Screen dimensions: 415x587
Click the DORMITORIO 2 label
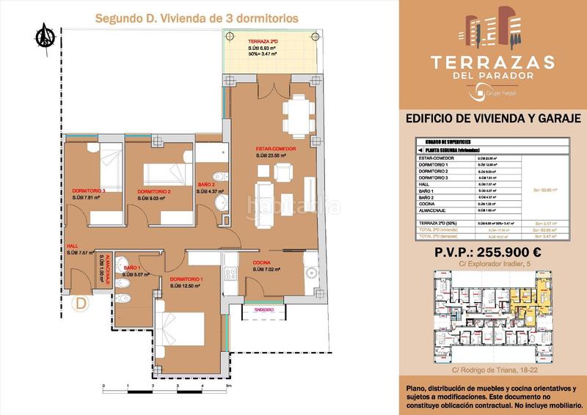tap(154, 191)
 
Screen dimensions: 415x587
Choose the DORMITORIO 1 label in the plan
tap(186, 279)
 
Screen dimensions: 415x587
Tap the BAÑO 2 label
tap(206, 184)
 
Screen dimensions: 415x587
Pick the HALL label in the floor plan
tap(72, 246)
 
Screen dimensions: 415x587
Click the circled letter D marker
tap(79, 301)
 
